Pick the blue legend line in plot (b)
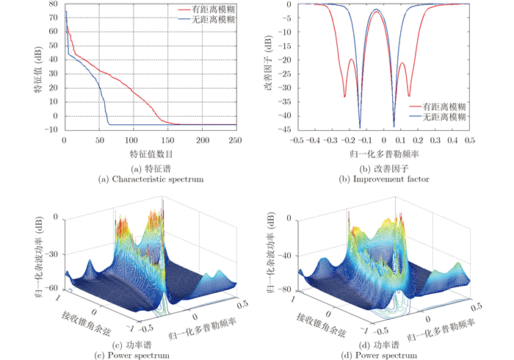pos(419,117)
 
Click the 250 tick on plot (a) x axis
pos(236,140)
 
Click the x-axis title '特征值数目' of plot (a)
pos(151,154)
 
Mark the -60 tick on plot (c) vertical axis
pos(55,288)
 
